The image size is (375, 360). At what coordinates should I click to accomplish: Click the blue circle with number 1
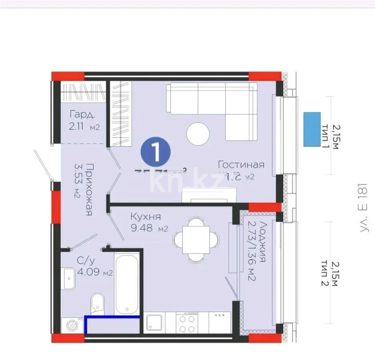[x=156, y=152]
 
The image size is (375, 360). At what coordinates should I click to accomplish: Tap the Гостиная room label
[x=241, y=164]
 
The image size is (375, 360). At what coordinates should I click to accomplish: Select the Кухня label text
[x=146, y=217]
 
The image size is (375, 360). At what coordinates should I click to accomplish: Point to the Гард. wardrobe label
[x=82, y=115]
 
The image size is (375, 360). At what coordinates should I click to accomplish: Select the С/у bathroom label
[x=86, y=261]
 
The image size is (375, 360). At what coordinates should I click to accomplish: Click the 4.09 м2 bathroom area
[x=95, y=274]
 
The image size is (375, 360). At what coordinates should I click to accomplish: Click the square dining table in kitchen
[x=196, y=240]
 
